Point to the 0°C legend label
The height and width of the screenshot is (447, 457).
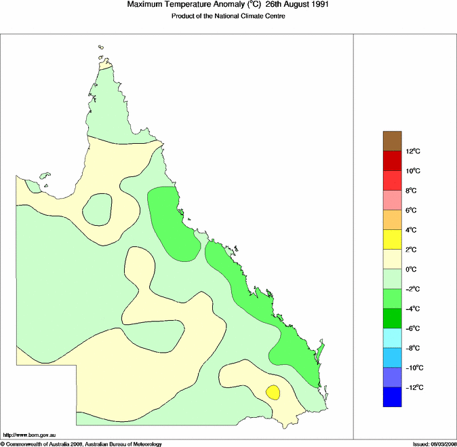coord(412,269)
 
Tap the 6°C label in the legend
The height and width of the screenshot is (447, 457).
coord(412,210)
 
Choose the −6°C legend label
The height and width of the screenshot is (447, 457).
coord(413,328)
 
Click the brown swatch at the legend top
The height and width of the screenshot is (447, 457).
coord(393,140)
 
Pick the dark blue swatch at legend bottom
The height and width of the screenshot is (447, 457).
coord(393,397)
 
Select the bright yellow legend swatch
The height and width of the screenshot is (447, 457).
coord(393,239)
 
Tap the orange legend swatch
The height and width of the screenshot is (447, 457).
coord(393,220)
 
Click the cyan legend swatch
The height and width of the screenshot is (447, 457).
coord(393,338)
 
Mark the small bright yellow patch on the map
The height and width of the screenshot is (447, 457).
coord(273,392)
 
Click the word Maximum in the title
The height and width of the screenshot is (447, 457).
coord(146,5)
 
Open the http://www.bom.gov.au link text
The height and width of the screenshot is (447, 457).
coord(30,435)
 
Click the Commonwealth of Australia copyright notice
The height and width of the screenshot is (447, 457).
coord(81,444)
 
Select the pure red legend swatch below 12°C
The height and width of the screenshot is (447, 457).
coord(393,160)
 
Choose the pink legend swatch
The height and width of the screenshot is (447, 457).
coord(393,200)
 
